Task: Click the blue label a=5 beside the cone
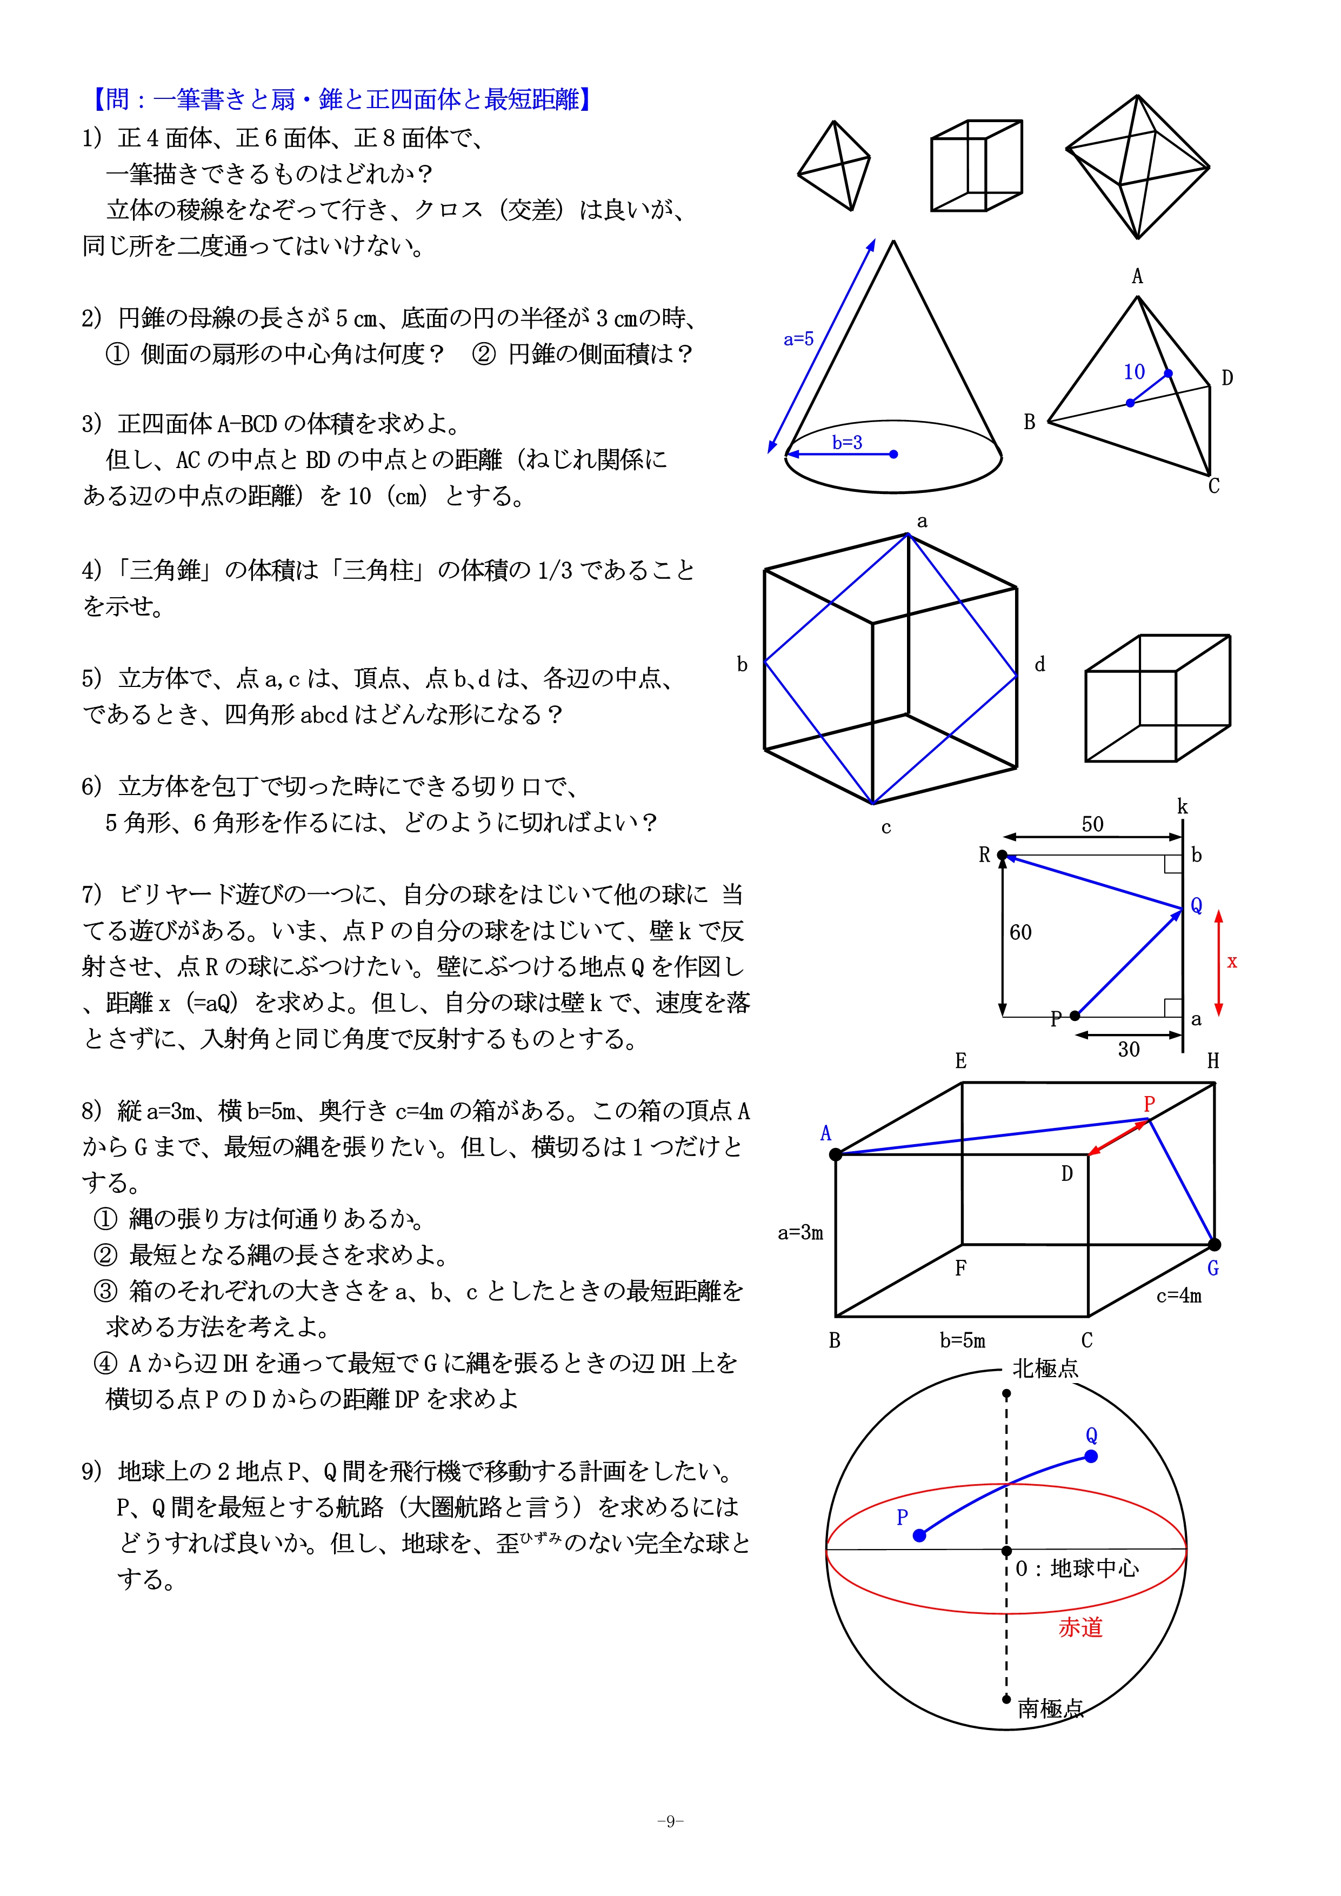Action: pyautogui.click(x=798, y=338)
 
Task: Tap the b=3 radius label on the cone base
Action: pyautogui.click(x=846, y=443)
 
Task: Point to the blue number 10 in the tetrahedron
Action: pyautogui.click(x=1134, y=372)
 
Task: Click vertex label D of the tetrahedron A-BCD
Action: pyautogui.click(x=1227, y=378)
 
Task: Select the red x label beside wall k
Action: pyautogui.click(x=1232, y=962)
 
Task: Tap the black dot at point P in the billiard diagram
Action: pyautogui.click(x=1075, y=1016)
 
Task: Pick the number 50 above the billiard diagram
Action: pyautogui.click(x=1092, y=824)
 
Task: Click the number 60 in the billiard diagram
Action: pyautogui.click(x=1020, y=932)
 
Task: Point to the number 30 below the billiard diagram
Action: pyautogui.click(x=1128, y=1050)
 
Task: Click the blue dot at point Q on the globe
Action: pyautogui.click(x=1091, y=1457)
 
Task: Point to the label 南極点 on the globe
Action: pyautogui.click(x=1050, y=1708)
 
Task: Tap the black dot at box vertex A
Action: pyautogui.click(x=836, y=1154)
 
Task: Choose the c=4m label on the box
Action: pyautogui.click(x=1178, y=1296)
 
